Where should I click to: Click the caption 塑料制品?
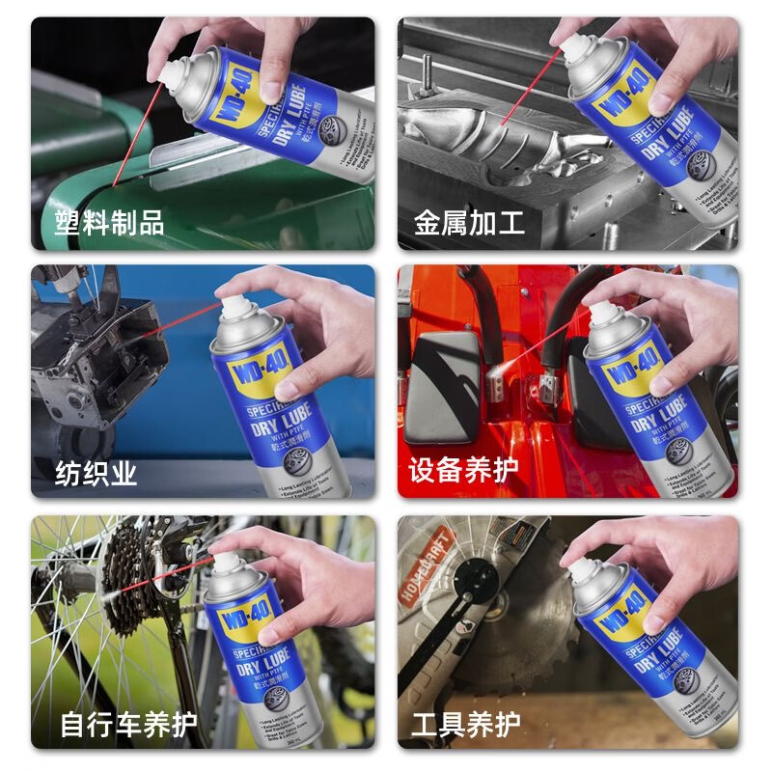pos(109,224)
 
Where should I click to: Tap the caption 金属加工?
pos(470,224)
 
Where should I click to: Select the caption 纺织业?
pos(96,473)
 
